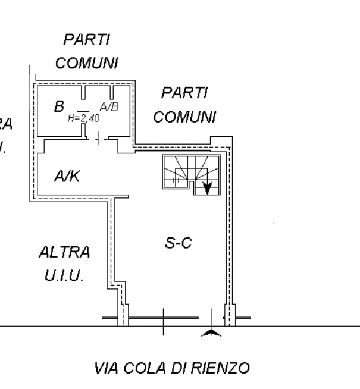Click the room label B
coord(59,107)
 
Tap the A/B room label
coord(109,107)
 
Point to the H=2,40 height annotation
coord(83,118)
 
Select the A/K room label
coord(67,176)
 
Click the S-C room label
coord(178,243)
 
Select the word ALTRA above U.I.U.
coord(65,252)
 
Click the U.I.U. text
coord(64,277)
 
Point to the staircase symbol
coord(191,172)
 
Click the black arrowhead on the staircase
coord(207,189)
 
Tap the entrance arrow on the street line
coord(210,332)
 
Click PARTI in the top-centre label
coord(87,40)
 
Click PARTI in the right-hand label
coord(184,93)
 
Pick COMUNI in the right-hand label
coord(184,117)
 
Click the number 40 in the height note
coord(93,118)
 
